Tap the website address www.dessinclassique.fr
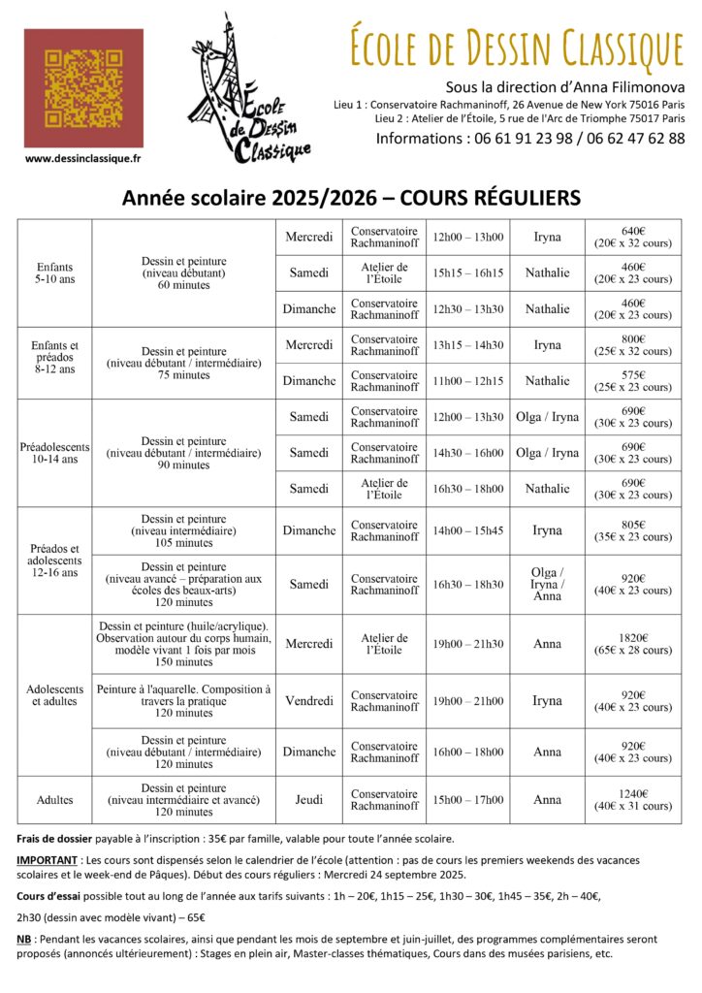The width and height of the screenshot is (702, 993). click(83, 158)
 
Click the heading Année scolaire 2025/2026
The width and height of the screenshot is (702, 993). click(253, 198)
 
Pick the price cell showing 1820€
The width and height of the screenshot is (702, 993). click(633, 644)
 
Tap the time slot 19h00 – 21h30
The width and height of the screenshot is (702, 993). click(468, 644)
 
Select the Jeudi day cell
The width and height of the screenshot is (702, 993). click(309, 800)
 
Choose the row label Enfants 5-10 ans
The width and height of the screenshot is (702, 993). click(54, 273)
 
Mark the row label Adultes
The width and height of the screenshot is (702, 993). click(54, 800)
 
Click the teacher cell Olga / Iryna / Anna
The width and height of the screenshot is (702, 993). click(547, 584)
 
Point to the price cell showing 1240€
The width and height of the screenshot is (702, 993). click(633, 800)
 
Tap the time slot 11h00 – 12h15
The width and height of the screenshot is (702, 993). click(468, 381)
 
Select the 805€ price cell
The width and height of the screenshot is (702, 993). click(633, 530)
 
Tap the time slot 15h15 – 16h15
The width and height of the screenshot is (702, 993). click(468, 272)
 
